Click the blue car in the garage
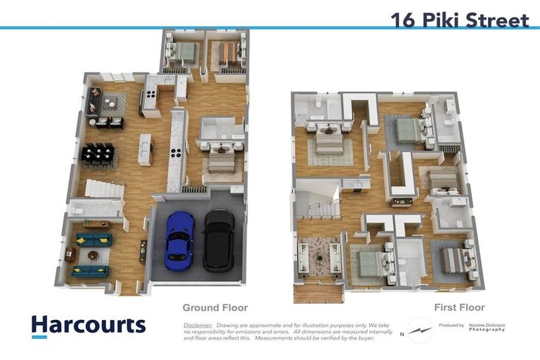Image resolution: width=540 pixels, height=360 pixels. pos(179,240)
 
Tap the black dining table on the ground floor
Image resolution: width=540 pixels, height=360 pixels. pos(98,154)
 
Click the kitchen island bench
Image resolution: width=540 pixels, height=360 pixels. pos(145,149)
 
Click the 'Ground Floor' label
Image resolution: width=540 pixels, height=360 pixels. pos(214,307)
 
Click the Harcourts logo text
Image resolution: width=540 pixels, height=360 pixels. pos(89,325)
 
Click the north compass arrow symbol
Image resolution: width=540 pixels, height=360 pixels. pos(421,330)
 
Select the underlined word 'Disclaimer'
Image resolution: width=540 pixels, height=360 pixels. pos(198,326)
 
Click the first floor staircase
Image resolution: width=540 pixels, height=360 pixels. pos(318,205)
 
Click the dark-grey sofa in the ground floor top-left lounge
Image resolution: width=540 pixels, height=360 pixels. pos(93,103)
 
